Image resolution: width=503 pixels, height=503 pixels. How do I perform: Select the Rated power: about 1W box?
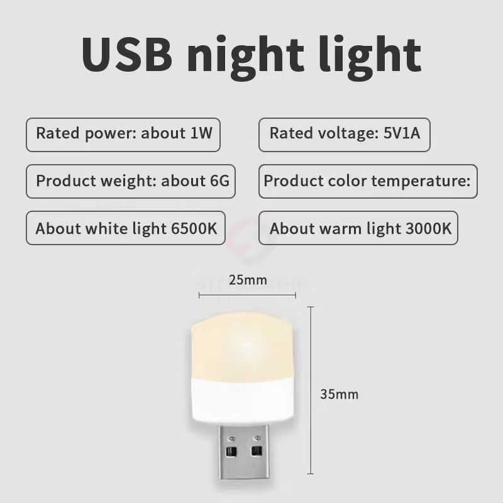(123, 133)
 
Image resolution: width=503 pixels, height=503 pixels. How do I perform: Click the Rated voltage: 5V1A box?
(344, 133)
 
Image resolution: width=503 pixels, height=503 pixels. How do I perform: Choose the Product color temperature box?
(367, 181)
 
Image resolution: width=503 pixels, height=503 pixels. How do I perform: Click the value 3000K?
(428, 228)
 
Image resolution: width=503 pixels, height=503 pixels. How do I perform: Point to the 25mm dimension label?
(248, 279)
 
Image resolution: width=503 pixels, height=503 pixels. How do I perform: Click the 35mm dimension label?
(339, 394)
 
